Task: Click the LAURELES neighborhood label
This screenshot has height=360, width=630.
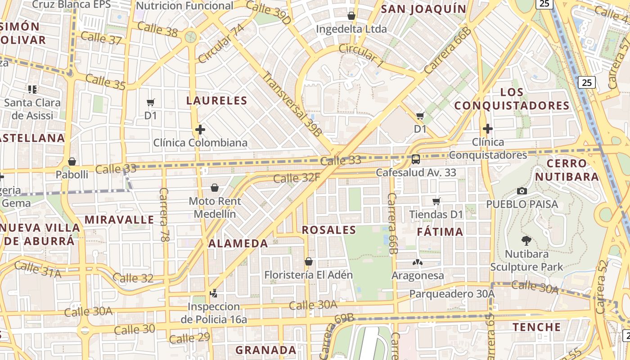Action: point(217,100)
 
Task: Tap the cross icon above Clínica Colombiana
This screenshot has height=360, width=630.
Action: point(200,130)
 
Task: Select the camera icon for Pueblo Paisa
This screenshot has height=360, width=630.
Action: point(522,191)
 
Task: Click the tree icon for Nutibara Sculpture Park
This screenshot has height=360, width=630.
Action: point(526,241)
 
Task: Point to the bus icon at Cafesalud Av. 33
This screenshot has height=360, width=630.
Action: point(416,159)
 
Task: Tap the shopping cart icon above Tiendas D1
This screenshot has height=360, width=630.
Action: point(436,201)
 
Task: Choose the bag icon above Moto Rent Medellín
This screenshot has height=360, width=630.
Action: point(215,187)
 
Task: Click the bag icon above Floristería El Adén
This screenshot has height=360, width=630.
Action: point(309,261)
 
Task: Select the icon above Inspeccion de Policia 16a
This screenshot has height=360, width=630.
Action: point(214,293)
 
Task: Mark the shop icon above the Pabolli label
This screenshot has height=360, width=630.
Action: point(72,161)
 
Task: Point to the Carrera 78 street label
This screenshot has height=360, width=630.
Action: point(164,215)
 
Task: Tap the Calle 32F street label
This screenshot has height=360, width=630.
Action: point(297,178)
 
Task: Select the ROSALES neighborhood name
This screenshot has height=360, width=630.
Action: point(329,230)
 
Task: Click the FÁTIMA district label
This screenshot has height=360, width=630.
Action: point(440,232)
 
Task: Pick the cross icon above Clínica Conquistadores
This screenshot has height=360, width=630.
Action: point(488,129)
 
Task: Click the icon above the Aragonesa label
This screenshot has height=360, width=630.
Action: point(418,262)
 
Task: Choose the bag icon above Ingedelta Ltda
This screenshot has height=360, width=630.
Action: point(351,16)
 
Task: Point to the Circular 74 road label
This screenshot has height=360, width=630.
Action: point(221,44)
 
